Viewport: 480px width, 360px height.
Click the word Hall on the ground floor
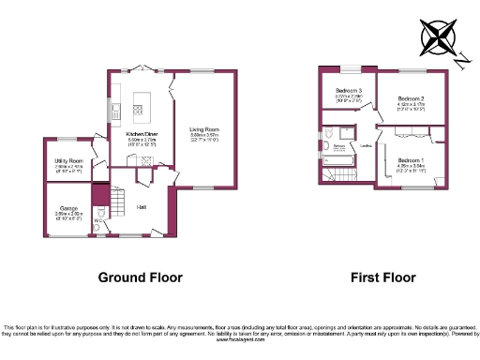[141, 206]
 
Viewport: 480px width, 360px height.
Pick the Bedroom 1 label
[410, 160]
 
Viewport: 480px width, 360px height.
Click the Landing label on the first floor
[367, 145]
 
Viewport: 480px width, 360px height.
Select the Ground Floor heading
[142, 277]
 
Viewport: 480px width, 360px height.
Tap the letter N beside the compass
[463, 61]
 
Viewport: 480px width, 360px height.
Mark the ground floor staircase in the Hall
[118, 199]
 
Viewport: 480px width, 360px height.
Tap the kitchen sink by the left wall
[111, 112]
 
